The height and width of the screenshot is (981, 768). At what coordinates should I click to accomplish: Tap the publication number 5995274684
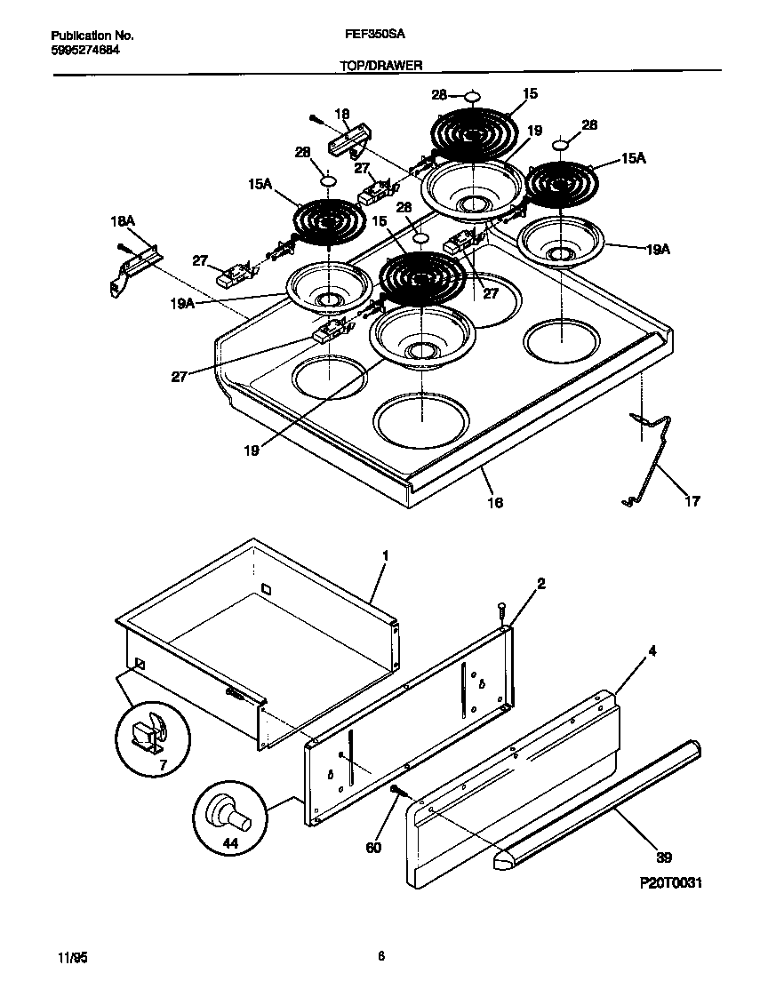pos(85,50)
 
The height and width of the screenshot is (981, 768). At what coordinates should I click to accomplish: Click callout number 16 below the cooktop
pos(495,502)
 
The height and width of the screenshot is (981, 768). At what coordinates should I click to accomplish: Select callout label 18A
pos(123,219)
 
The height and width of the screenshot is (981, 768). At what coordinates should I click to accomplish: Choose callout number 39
pos(664,857)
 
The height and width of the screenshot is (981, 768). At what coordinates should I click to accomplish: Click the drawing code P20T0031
pos(671,885)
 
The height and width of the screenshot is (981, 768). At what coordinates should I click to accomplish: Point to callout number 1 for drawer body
pos(385,555)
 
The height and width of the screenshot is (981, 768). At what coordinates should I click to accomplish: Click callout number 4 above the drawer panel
pos(652,651)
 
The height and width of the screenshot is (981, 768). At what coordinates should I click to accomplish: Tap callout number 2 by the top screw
pos(540,584)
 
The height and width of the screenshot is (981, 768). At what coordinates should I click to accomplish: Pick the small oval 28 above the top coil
pos(473,95)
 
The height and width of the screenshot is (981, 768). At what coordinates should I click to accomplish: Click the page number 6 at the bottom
pos(380,956)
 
